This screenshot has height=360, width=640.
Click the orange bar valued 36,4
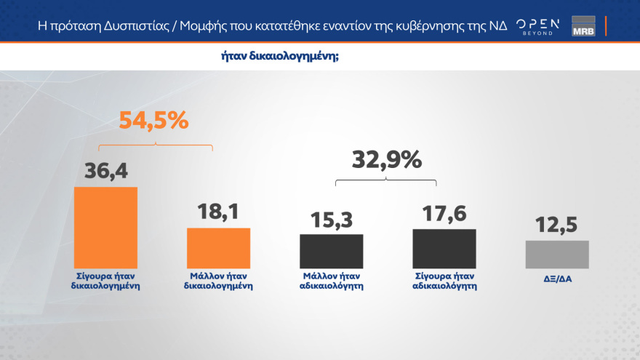click(x=105, y=228)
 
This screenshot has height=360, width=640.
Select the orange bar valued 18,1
click(x=218, y=248)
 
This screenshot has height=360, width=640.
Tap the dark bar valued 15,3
click(x=331, y=251)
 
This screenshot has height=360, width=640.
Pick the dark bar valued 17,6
click(x=444, y=249)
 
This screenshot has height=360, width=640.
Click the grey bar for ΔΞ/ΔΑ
click(x=556, y=255)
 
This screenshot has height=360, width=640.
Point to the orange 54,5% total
click(x=153, y=121)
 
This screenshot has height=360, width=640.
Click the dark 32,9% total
click(x=386, y=159)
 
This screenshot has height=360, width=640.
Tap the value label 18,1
click(x=218, y=212)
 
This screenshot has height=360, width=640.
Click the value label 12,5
click(x=556, y=225)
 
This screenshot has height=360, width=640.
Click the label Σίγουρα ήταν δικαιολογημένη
click(x=106, y=281)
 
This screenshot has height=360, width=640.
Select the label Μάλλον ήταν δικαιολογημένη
click(x=218, y=281)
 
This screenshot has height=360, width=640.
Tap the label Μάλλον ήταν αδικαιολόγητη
click(x=332, y=281)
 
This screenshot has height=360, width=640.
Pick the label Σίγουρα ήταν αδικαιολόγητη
click(x=444, y=281)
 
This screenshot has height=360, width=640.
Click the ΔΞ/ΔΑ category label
click(x=556, y=276)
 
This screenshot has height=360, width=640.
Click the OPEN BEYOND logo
click(x=537, y=26)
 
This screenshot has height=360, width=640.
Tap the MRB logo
click(x=583, y=26)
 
